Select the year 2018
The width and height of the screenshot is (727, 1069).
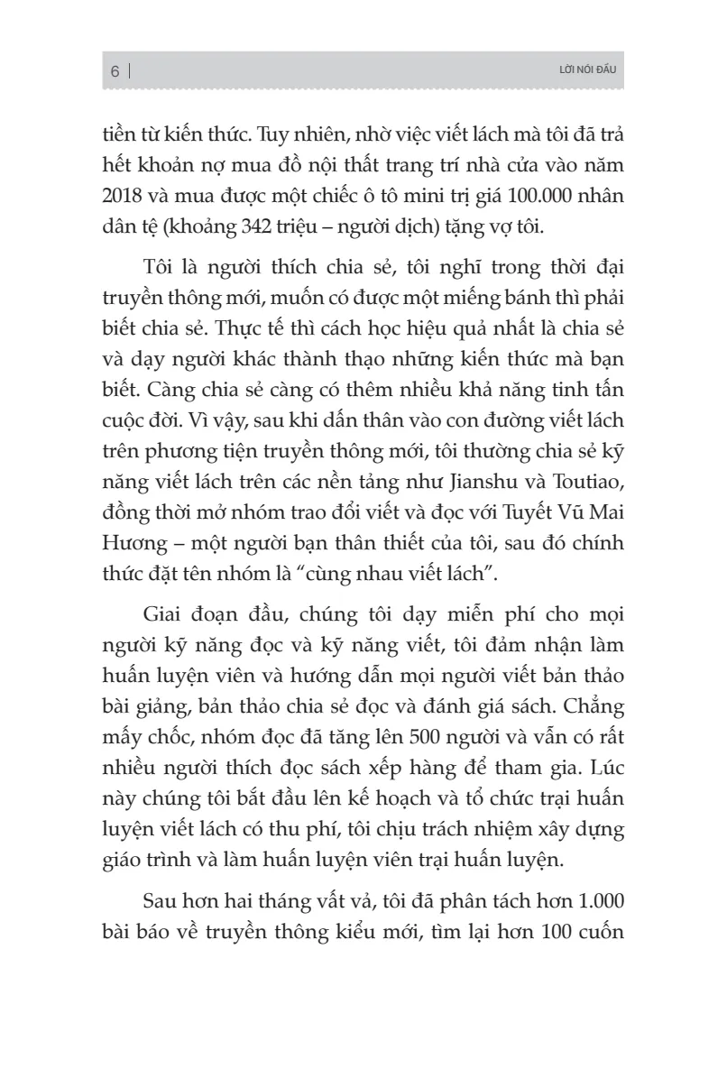tap(123, 199)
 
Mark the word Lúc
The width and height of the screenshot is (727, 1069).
tap(599, 763)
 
